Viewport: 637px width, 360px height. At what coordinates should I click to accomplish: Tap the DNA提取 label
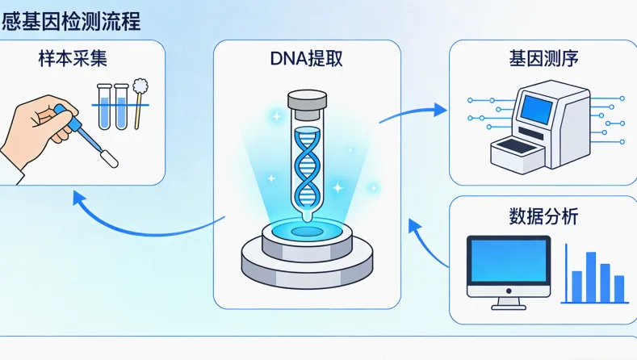click(307, 59)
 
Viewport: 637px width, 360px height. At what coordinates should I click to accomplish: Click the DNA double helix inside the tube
click(307, 165)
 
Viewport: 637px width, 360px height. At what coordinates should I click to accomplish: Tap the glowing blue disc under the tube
click(307, 231)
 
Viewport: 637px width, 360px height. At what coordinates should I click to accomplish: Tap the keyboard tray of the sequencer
click(517, 149)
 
